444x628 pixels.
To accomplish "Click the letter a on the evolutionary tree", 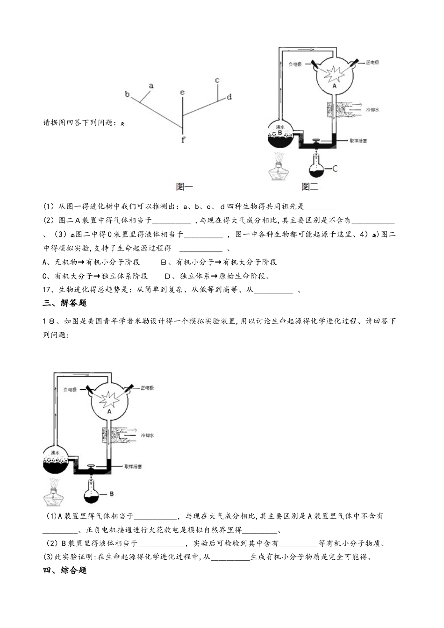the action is point(151,86).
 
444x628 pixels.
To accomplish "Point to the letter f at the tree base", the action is point(182,139).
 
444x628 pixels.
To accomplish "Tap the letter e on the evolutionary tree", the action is point(182,93).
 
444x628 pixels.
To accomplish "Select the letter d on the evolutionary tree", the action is point(229,97).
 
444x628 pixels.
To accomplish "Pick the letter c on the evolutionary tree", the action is point(217,80).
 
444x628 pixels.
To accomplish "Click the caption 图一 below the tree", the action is point(185,187).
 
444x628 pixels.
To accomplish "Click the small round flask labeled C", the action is point(317,168).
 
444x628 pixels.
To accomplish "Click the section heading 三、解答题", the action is point(64,303).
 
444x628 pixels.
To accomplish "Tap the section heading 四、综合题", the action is point(64,571).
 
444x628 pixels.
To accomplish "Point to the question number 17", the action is point(47,290).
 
